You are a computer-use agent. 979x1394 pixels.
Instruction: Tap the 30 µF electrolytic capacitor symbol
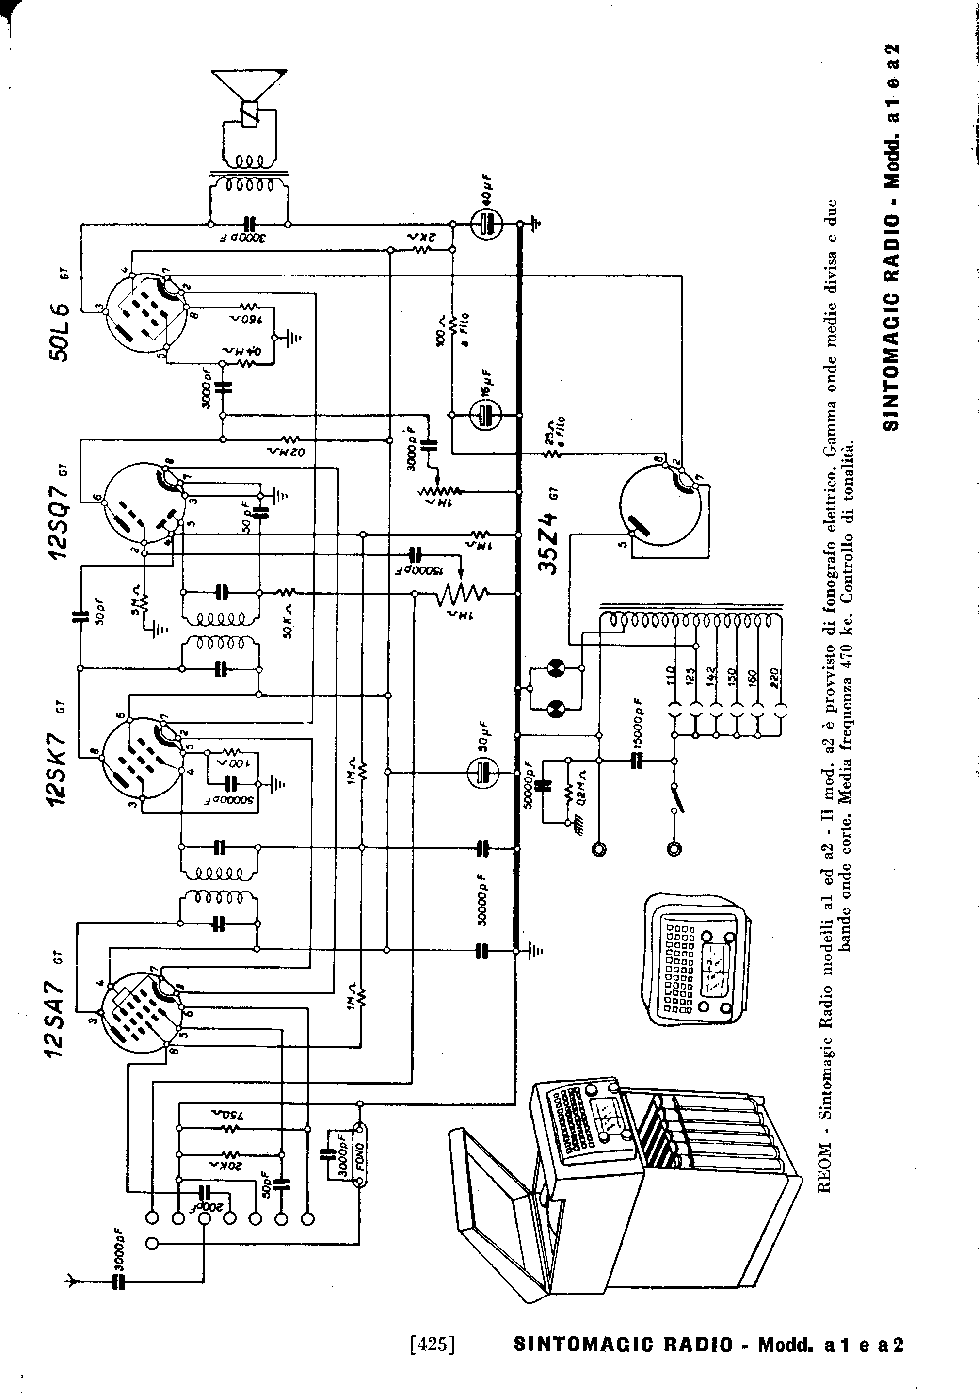click(x=484, y=772)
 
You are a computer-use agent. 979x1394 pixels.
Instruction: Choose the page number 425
click(x=433, y=1344)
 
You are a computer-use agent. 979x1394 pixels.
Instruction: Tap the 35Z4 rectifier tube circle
click(x=661, y=506)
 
